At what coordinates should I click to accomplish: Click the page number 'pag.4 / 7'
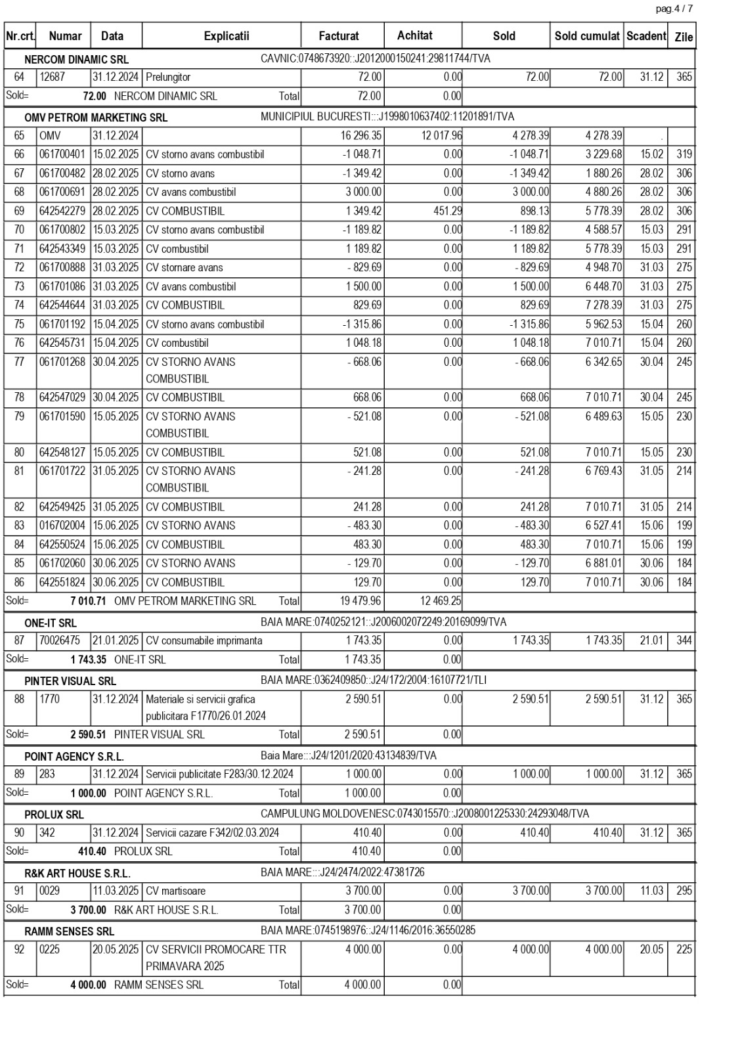pyautogui.click(x=674, y=9)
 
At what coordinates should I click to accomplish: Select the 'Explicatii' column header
pyautogui.click(x=227, y=36)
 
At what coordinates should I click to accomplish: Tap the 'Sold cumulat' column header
pyautogui.click(x=587, y=36)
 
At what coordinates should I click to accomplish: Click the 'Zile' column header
pyautogui.click(x=684, y=37)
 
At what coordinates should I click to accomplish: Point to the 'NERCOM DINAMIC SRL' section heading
pyautogui.click(x=76, y=60)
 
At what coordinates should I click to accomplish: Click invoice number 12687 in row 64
pyautogui.click(x=53, y=78)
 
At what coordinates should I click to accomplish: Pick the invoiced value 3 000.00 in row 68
pyautogui.click(x=363, y=192)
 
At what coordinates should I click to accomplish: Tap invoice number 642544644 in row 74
pyautogui.click(x=62, y=305)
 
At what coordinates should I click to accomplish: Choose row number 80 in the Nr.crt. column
pyautogui.click(x=19, y=453)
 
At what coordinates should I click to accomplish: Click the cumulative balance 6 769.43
pyautogui.click(x=603, y=471)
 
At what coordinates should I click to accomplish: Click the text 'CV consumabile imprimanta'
pyautogui.click(x=204, y=641)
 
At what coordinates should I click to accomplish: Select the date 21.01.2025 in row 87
pyautogui.click(x=116, y=641)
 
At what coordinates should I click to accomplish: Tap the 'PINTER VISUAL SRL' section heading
pyautogui.click(x=70, y=681)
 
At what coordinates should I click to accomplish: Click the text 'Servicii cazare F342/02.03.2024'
pyautogui.click(x=212, y=833)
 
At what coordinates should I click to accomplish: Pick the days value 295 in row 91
pyautogui.click(x=684, y=891)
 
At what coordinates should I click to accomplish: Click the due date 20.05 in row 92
pyautogui.click(x=651, y=950)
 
